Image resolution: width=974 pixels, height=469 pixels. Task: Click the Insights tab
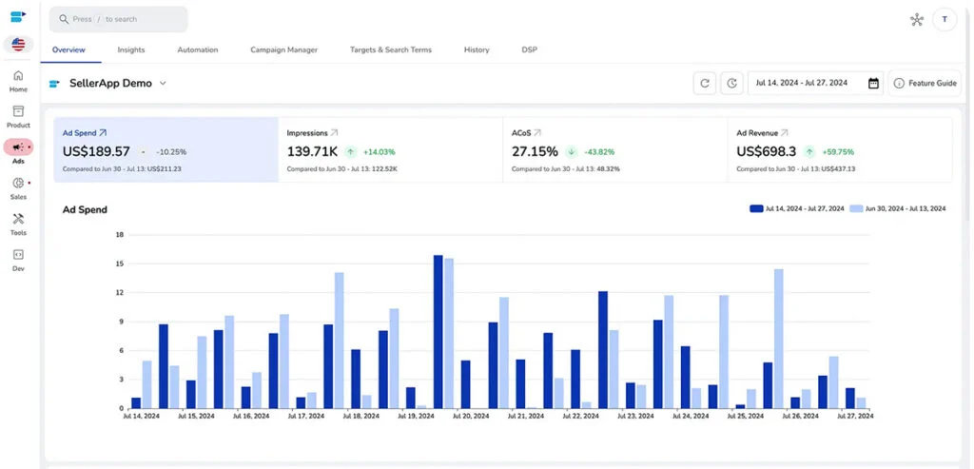click(x=131, y=49)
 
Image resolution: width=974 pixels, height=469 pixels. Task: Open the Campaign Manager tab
click(x=283, y=49)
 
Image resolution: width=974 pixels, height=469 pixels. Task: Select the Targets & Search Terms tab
click(x=390, y=49)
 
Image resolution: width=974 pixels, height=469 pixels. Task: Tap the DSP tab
click(x=529, y=49)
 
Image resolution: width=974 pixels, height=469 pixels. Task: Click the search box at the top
click(x=118, y=19)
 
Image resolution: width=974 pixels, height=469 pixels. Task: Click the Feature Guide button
click(x=925, y=84)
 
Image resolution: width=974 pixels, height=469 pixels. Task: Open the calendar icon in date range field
click(x=873, y=84)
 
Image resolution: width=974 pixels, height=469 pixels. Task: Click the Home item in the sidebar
click(x=18, y=81)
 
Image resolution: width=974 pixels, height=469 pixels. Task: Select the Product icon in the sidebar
click(x=18, y=112)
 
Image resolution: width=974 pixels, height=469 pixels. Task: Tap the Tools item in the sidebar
click(x=18, y=220)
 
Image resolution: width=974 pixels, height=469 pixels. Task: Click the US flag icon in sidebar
click(x=18, y=45)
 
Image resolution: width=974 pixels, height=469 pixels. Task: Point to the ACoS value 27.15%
click(x=535, y=151)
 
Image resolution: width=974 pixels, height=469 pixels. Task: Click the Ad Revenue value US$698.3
click(x=767, y=151)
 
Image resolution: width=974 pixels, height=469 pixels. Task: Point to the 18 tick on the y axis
click(x=120, y=234)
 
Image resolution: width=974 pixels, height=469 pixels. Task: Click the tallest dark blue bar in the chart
click(x=438, y=331)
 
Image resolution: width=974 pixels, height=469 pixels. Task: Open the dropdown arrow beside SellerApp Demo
click(x=163, y=84)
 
